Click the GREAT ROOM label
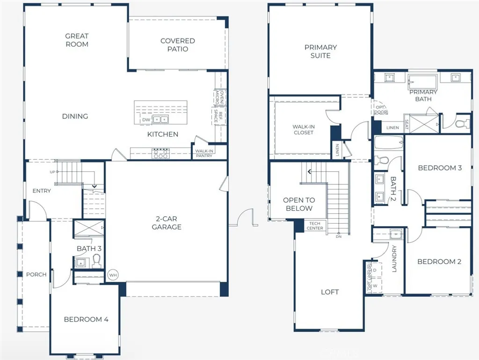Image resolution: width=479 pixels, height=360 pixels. (77, 40)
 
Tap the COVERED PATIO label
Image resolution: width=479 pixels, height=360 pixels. (177, 45)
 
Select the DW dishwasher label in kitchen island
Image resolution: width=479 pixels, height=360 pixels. (146, 120)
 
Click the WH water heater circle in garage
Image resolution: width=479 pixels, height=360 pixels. (113, 275)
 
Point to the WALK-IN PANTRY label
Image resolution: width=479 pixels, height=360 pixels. (204, 153)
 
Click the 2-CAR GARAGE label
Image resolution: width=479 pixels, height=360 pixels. (166, 223)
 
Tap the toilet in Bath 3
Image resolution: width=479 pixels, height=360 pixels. (97, 260)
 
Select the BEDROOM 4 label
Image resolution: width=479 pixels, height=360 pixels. (86, 319)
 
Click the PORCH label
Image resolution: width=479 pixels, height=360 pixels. (36, 274)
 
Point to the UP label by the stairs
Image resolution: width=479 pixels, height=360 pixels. (52, 172)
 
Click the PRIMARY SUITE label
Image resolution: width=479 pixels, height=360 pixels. (320, 51)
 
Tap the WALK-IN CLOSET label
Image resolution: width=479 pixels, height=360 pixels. (303, 130)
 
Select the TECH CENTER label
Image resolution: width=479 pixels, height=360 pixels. (315, 226)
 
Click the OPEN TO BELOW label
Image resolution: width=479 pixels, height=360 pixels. (298, 204)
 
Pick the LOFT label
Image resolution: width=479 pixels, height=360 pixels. (330, 292)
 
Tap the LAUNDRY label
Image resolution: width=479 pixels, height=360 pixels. (394, 259)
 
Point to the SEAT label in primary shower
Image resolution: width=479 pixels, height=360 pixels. (406, 125)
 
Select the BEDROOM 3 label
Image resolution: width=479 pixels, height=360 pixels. (440, 168)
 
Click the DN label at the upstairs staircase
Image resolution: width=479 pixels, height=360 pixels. (339, 236)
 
